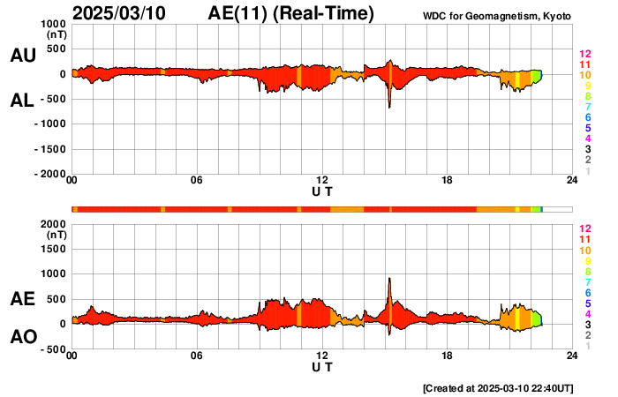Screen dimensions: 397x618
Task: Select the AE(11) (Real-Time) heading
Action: (291, 13)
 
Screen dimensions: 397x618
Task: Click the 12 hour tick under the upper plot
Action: (322, 181)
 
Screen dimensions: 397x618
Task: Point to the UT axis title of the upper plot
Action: (322, 191)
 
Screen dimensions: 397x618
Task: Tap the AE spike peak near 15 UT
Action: (389, 279)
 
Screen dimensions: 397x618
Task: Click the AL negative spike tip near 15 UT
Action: (389, 107)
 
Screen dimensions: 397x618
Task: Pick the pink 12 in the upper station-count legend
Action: (584, 54)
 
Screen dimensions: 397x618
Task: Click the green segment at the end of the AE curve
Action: (537, 317)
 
